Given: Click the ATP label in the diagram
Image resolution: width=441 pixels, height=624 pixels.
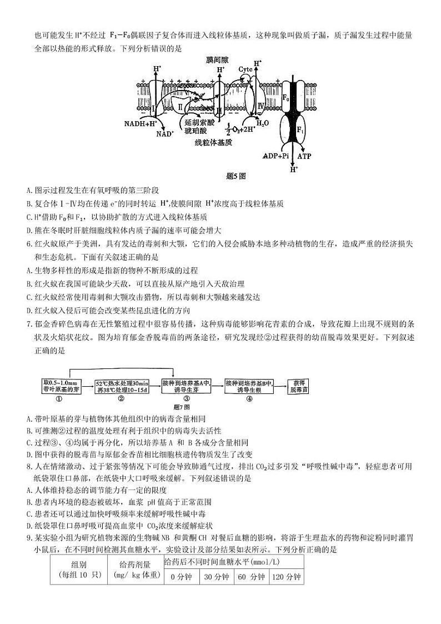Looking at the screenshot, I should point(304,156).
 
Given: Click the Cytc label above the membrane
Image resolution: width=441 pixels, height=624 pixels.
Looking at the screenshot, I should point(245,69).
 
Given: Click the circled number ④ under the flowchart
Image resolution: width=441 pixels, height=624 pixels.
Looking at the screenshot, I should point(249,398).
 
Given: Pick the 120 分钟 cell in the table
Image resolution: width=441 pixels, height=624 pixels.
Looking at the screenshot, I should point(287,576).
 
